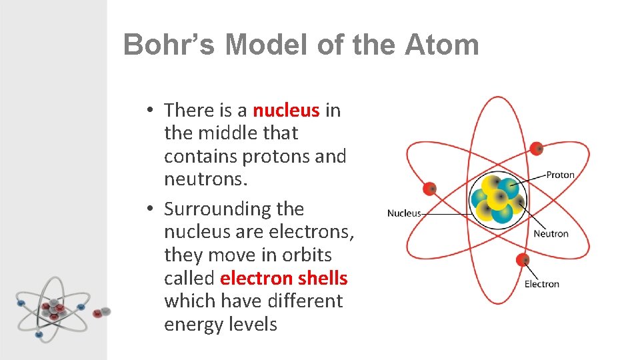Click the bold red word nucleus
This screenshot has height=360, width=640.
point(286,110)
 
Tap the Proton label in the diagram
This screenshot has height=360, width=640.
point(560,175)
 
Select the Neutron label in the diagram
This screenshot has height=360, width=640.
point(551,233)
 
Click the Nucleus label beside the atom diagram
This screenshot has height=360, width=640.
point(404,213)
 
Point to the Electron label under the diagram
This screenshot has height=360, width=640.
point(541,284)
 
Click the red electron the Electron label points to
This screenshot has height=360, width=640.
point(523,259)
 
